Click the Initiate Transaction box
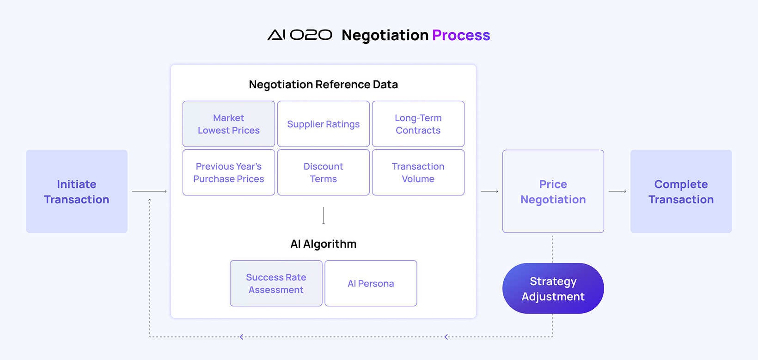coord(77,191)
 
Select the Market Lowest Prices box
coord(229,124)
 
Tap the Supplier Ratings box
coord(324,124)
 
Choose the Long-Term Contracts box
coord(418,124)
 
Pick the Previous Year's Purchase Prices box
coord(229,172)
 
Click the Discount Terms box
coord(324,172)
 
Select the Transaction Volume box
coord(418,172)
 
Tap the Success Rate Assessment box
coord(276,283)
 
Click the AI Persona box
coord(371,283)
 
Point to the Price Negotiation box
coord(553,191)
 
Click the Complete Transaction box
coord(681,191)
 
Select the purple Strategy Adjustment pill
coord(553,288)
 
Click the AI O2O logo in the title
coord(300,35)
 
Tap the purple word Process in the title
coord(461,35)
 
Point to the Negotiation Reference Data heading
coord(324,84)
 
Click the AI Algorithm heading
coord(324,244)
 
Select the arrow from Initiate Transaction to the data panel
coord(149,191)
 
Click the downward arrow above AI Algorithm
coord(324,216)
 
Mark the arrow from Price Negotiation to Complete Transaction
coord(617,191)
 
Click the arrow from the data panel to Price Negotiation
coord(489,191)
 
